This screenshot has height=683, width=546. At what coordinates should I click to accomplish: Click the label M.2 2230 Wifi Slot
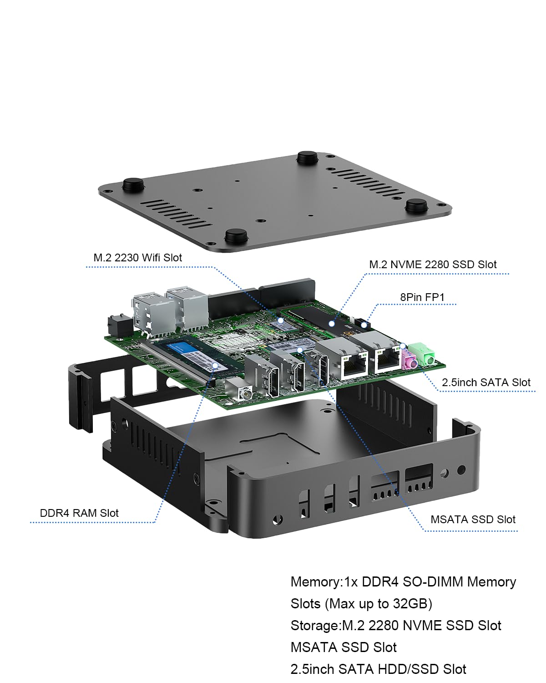(137, 258)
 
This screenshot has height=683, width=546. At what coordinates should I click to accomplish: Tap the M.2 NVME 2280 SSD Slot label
(433, 265)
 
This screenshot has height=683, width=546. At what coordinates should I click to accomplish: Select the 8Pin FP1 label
(422, 297)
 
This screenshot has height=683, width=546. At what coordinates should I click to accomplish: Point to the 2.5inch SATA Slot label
(486, 382)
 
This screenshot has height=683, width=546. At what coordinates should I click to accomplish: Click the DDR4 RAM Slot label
(79, 513)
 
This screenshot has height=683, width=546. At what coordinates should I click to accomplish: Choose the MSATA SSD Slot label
(473, 520)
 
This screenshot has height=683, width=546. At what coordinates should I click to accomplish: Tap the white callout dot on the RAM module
(215, 365)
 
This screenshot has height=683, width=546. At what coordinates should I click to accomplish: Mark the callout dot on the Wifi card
(281, 321)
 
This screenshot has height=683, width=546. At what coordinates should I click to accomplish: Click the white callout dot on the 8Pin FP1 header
(364, 325)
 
